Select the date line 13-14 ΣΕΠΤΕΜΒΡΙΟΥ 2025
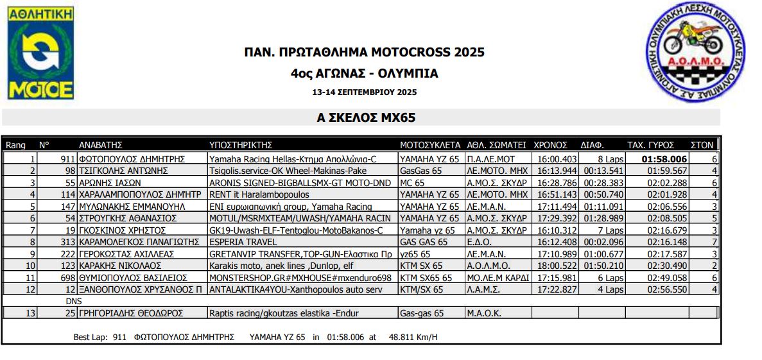point(364,92)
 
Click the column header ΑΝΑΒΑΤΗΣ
point(100,145)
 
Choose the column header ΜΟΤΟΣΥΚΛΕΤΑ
point(429,145)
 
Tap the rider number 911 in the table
point(68,159)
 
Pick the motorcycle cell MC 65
point(413,183)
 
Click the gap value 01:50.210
point(602,266)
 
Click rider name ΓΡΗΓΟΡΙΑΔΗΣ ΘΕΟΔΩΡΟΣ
point(130,313)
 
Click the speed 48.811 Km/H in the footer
point(413,337)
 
